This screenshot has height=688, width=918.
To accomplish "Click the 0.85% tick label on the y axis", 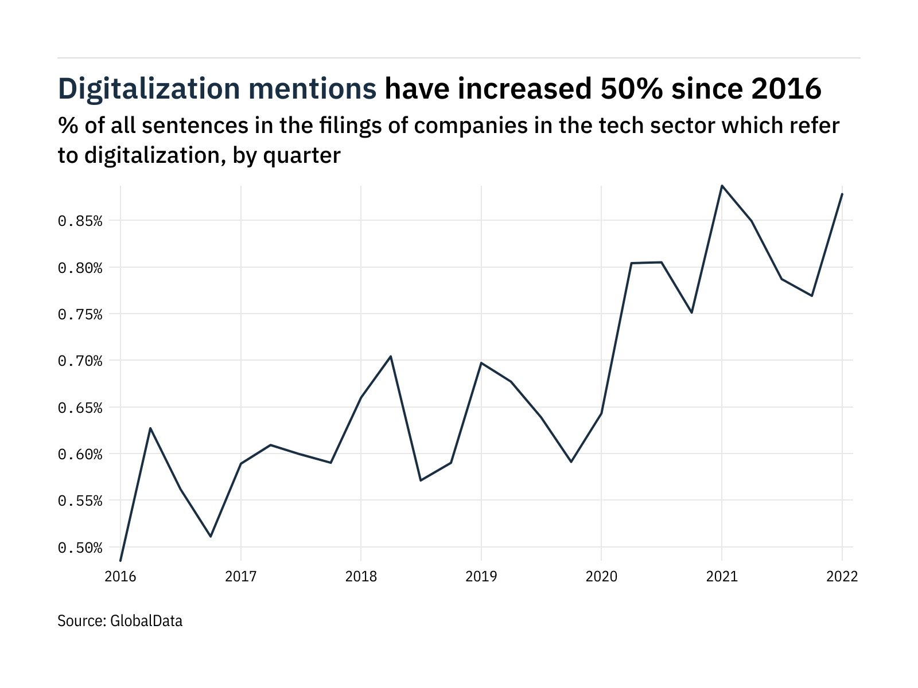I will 80,221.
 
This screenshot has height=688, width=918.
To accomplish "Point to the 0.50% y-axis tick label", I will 80,548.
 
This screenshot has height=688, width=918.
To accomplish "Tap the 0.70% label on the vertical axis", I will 80,361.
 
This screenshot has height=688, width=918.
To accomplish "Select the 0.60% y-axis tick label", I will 80,455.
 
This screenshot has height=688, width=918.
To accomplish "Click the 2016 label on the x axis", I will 120,576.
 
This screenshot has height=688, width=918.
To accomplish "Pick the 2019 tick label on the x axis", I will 481,576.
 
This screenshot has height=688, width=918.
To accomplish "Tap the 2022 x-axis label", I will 842,576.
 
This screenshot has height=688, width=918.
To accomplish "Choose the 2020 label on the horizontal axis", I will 601,576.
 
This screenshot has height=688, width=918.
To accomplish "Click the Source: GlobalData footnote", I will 120,620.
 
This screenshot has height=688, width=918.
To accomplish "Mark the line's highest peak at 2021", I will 722,186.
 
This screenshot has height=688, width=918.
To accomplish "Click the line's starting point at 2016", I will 120,560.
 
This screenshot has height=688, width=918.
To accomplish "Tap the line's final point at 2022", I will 842,194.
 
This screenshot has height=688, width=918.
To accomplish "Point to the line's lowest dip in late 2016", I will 211,536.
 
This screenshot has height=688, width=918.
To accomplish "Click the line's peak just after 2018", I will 391,357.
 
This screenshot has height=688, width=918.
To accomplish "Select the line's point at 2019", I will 481,363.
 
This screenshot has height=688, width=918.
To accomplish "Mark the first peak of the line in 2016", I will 150,428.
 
